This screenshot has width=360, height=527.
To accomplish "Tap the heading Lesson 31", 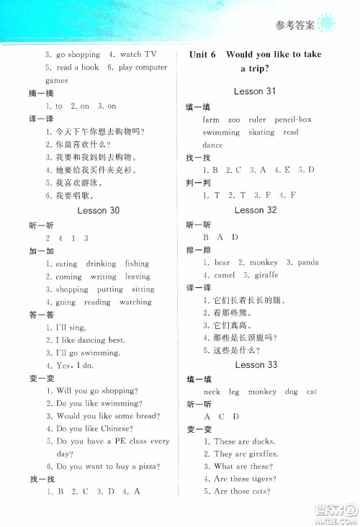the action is click(255, 91).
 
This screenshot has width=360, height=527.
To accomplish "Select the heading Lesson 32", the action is click(255, 210).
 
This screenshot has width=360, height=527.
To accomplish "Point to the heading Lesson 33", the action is click(256, 365).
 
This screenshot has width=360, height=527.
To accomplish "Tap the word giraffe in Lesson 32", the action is click(264, 275).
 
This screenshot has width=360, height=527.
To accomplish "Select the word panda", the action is click(307, 262).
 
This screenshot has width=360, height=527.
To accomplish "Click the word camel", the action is click(225, 275).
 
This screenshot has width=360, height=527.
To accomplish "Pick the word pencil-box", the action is click(294, 120).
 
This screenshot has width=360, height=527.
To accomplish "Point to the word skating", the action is click(261, 132).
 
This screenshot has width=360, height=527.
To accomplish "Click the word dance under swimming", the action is click(212, 145).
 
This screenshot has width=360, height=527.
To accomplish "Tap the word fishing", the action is click(137, 263).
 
